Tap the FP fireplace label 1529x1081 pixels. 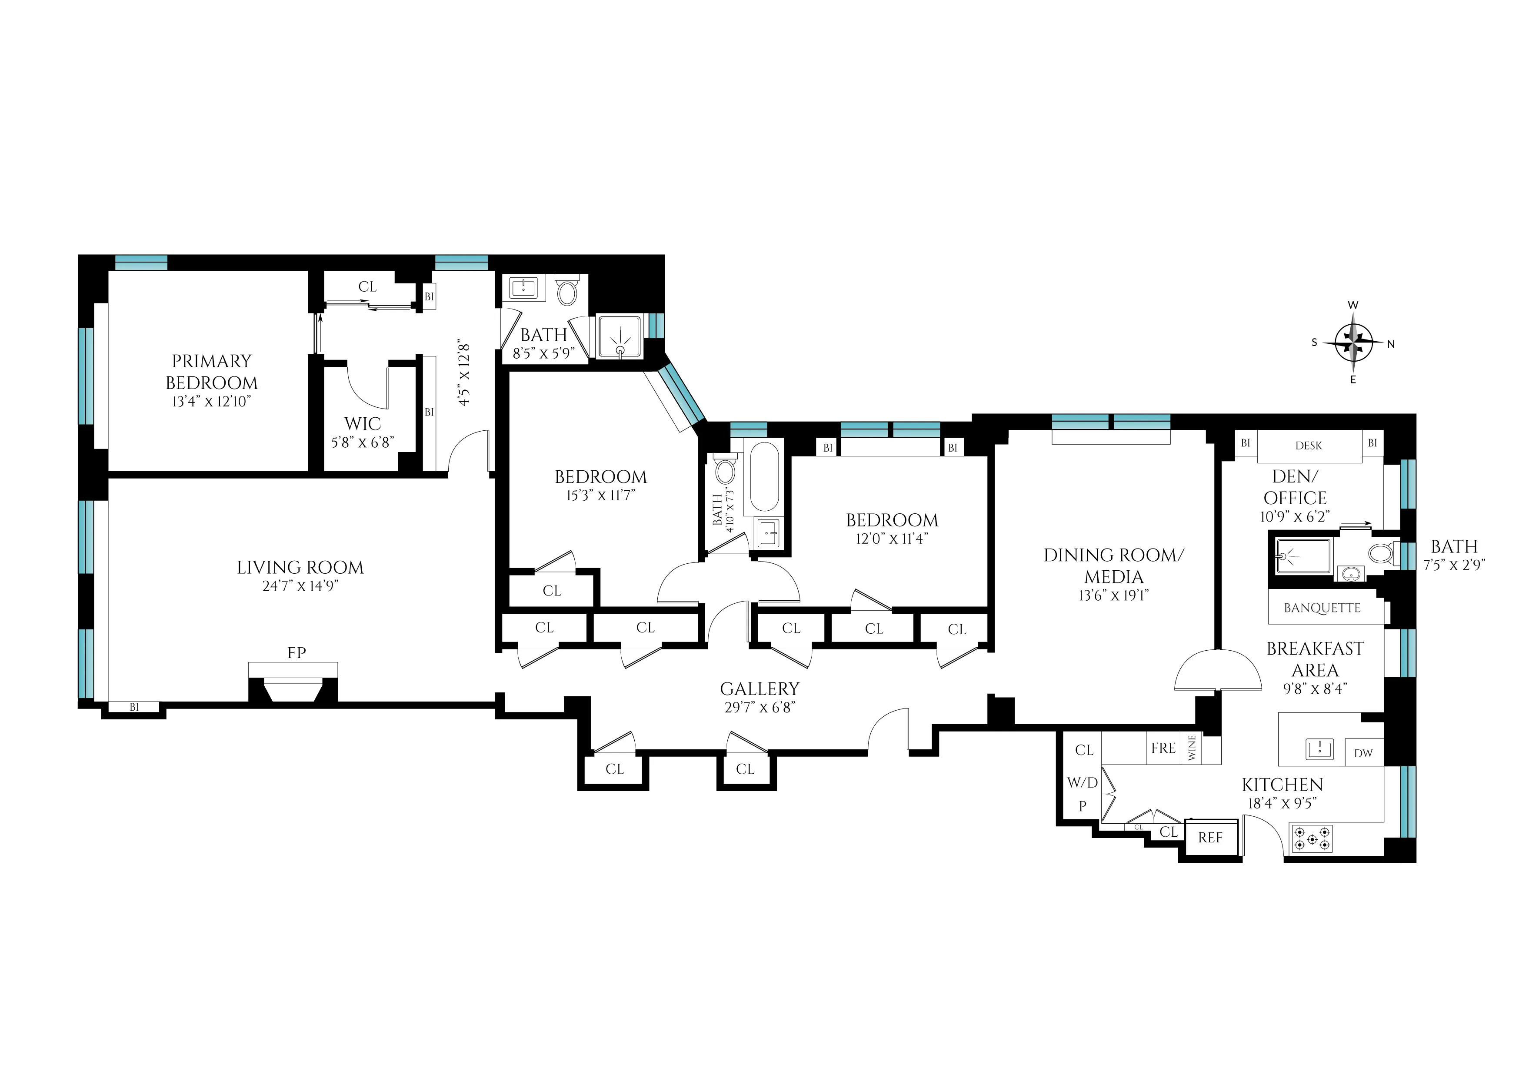pyautogui.click(x=296, y=653)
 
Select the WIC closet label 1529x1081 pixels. pyautogui.click(x=362, y=424)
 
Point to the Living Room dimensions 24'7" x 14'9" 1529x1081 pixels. pyautogui.click(x=300, y=586)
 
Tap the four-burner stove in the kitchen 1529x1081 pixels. pyautogui.click(x=1312, y=839)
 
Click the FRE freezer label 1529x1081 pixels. pyautogui.click(x=1163, y=748)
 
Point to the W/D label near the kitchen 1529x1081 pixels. pyautogui.click(x=1082, y=783)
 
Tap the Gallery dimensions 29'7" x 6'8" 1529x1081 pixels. pyautogui.click(x=760, y=708)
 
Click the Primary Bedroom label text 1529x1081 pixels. pyautogui.click(x=212, y=372)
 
